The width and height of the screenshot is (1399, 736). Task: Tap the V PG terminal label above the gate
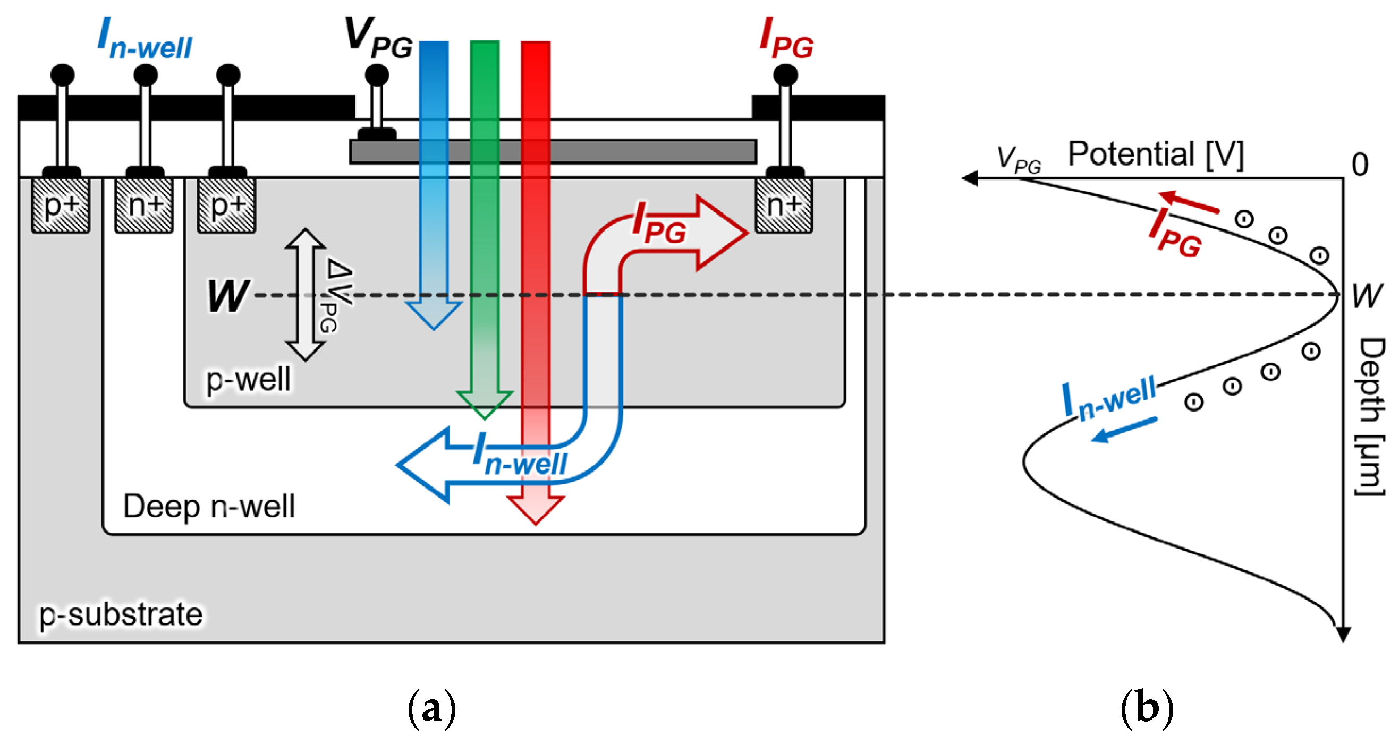point(378,37)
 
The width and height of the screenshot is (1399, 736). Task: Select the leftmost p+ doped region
point(60,206)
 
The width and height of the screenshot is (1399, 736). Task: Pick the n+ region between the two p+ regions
point(144,206)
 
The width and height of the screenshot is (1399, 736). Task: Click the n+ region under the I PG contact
point(783,206)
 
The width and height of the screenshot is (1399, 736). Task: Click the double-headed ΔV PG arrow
point(305,295)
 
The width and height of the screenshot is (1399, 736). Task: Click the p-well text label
point(248,379)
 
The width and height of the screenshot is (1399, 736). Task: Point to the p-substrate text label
point(121,614)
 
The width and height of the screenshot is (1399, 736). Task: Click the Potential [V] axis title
point(1155,155)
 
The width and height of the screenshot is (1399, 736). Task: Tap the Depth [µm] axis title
point(1370,416)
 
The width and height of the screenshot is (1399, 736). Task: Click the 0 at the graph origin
point(1359,165)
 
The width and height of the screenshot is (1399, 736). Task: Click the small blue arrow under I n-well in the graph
point(1124,429)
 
